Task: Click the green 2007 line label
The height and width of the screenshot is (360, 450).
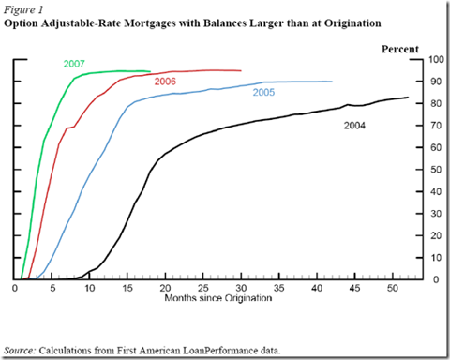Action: click(75, 63)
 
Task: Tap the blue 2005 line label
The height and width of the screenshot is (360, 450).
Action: click(265, 93)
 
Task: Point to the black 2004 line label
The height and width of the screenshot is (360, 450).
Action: click(353, 125)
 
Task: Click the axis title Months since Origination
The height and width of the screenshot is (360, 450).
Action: click(218, 298)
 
